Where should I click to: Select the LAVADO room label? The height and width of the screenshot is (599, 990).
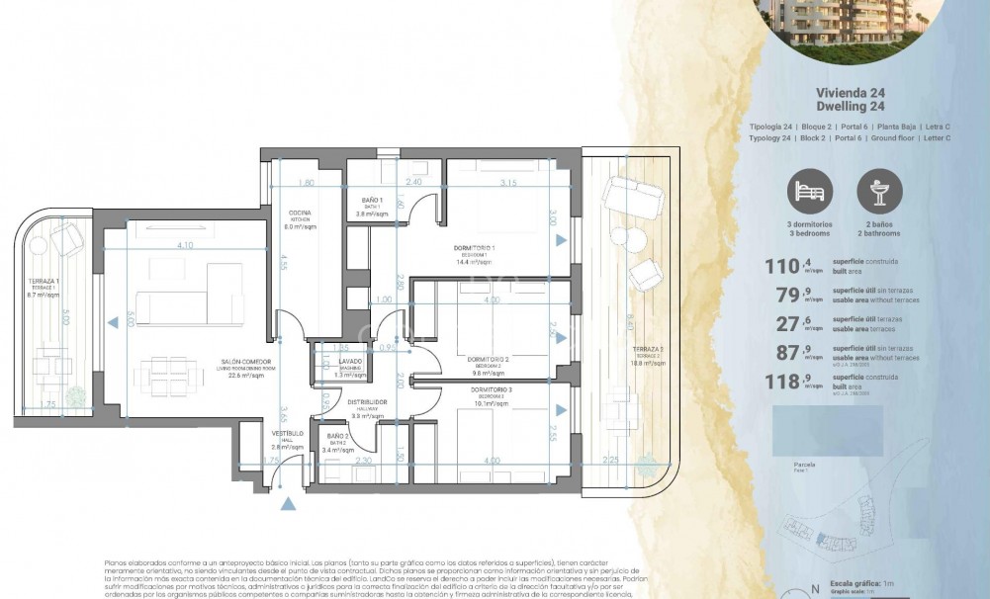[x=350, y=362]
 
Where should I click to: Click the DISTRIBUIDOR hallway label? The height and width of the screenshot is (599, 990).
[x=366, y=402]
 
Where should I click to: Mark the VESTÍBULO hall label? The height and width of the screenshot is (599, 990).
[x=289, y=433]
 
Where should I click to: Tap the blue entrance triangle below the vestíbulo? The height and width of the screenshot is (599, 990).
[x=288, y=505]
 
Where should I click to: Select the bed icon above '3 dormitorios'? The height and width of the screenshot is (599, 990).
[x=808, y=190]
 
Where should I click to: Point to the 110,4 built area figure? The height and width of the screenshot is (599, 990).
[x=785, y=265]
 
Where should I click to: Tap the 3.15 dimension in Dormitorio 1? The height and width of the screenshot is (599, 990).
[x=509, y=183]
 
